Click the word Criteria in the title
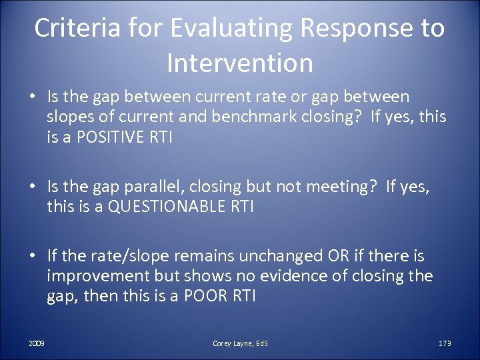[69, 29]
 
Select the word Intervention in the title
[240, 63]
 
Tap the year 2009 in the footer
[37, 343]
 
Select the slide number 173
[445, 343]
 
